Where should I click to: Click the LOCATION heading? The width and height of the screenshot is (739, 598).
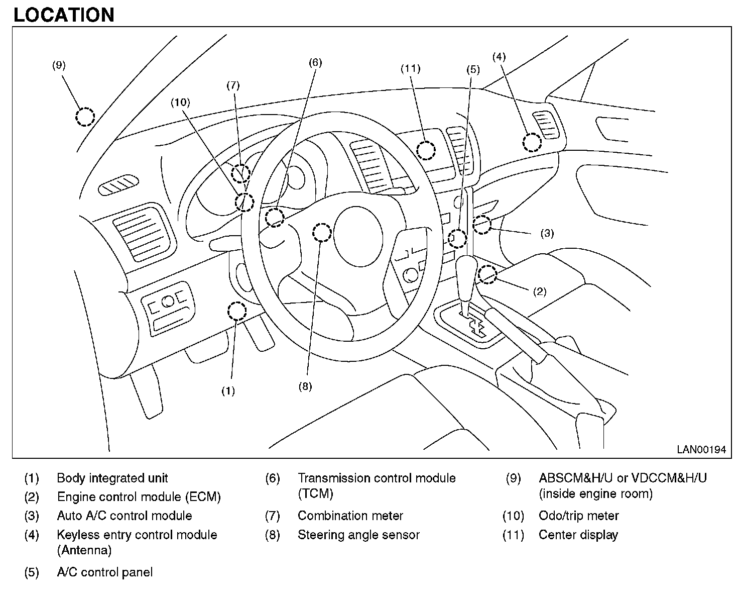(x=64, y=15)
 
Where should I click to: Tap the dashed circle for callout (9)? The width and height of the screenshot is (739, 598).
(x=85, y=117)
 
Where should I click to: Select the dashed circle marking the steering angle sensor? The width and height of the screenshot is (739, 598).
(x=322, y=233)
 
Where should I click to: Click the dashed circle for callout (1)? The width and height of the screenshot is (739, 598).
(x=237, y=312)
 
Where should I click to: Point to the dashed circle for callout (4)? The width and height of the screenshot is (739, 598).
(x=532, y=143)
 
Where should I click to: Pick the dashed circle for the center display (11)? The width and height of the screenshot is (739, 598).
(x=426, y=150)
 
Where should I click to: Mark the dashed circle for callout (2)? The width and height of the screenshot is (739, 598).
(x=487, y=274)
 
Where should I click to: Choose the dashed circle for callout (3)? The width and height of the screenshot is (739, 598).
(x=482, y=225)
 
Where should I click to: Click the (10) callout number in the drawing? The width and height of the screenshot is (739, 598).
(x=180, y=103)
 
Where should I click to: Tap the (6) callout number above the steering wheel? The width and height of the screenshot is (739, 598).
(x=315, y=62)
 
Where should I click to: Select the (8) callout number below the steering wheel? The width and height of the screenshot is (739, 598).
(x=305, y=386)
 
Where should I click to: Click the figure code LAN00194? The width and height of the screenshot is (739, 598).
(x=701, y=450)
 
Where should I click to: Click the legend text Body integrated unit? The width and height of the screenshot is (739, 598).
(x=112, y=478)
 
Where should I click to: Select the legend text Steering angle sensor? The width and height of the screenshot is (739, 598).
(x=358, y=535)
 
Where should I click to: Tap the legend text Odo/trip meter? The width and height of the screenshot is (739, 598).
(x=578, y=516)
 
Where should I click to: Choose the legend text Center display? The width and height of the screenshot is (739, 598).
(x=578, y=535)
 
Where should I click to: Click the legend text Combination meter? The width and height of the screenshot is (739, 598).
(x=350, y=516)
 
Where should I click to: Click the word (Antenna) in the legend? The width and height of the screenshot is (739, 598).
(x=84, y=550)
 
